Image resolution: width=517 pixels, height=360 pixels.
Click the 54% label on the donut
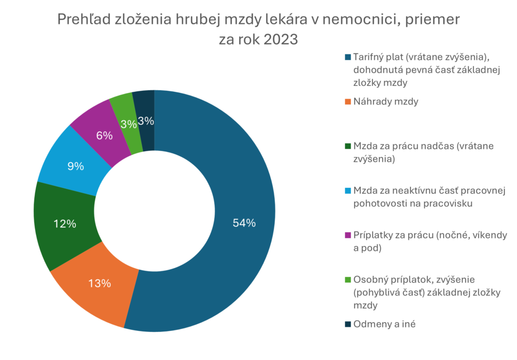[244, 223]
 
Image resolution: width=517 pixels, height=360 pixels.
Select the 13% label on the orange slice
[99, 283]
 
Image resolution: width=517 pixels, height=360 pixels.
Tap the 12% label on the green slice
[64, 224]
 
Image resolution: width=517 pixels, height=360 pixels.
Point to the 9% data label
[75, 166]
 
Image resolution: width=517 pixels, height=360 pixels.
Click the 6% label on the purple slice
[104, 136]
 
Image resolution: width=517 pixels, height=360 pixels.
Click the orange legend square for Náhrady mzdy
[348, 102]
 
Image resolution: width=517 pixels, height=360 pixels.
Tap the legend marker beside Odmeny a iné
[348, 325]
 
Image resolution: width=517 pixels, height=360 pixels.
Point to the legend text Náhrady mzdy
[386, 102]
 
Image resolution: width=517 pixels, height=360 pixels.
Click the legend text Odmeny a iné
[384, 325]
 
